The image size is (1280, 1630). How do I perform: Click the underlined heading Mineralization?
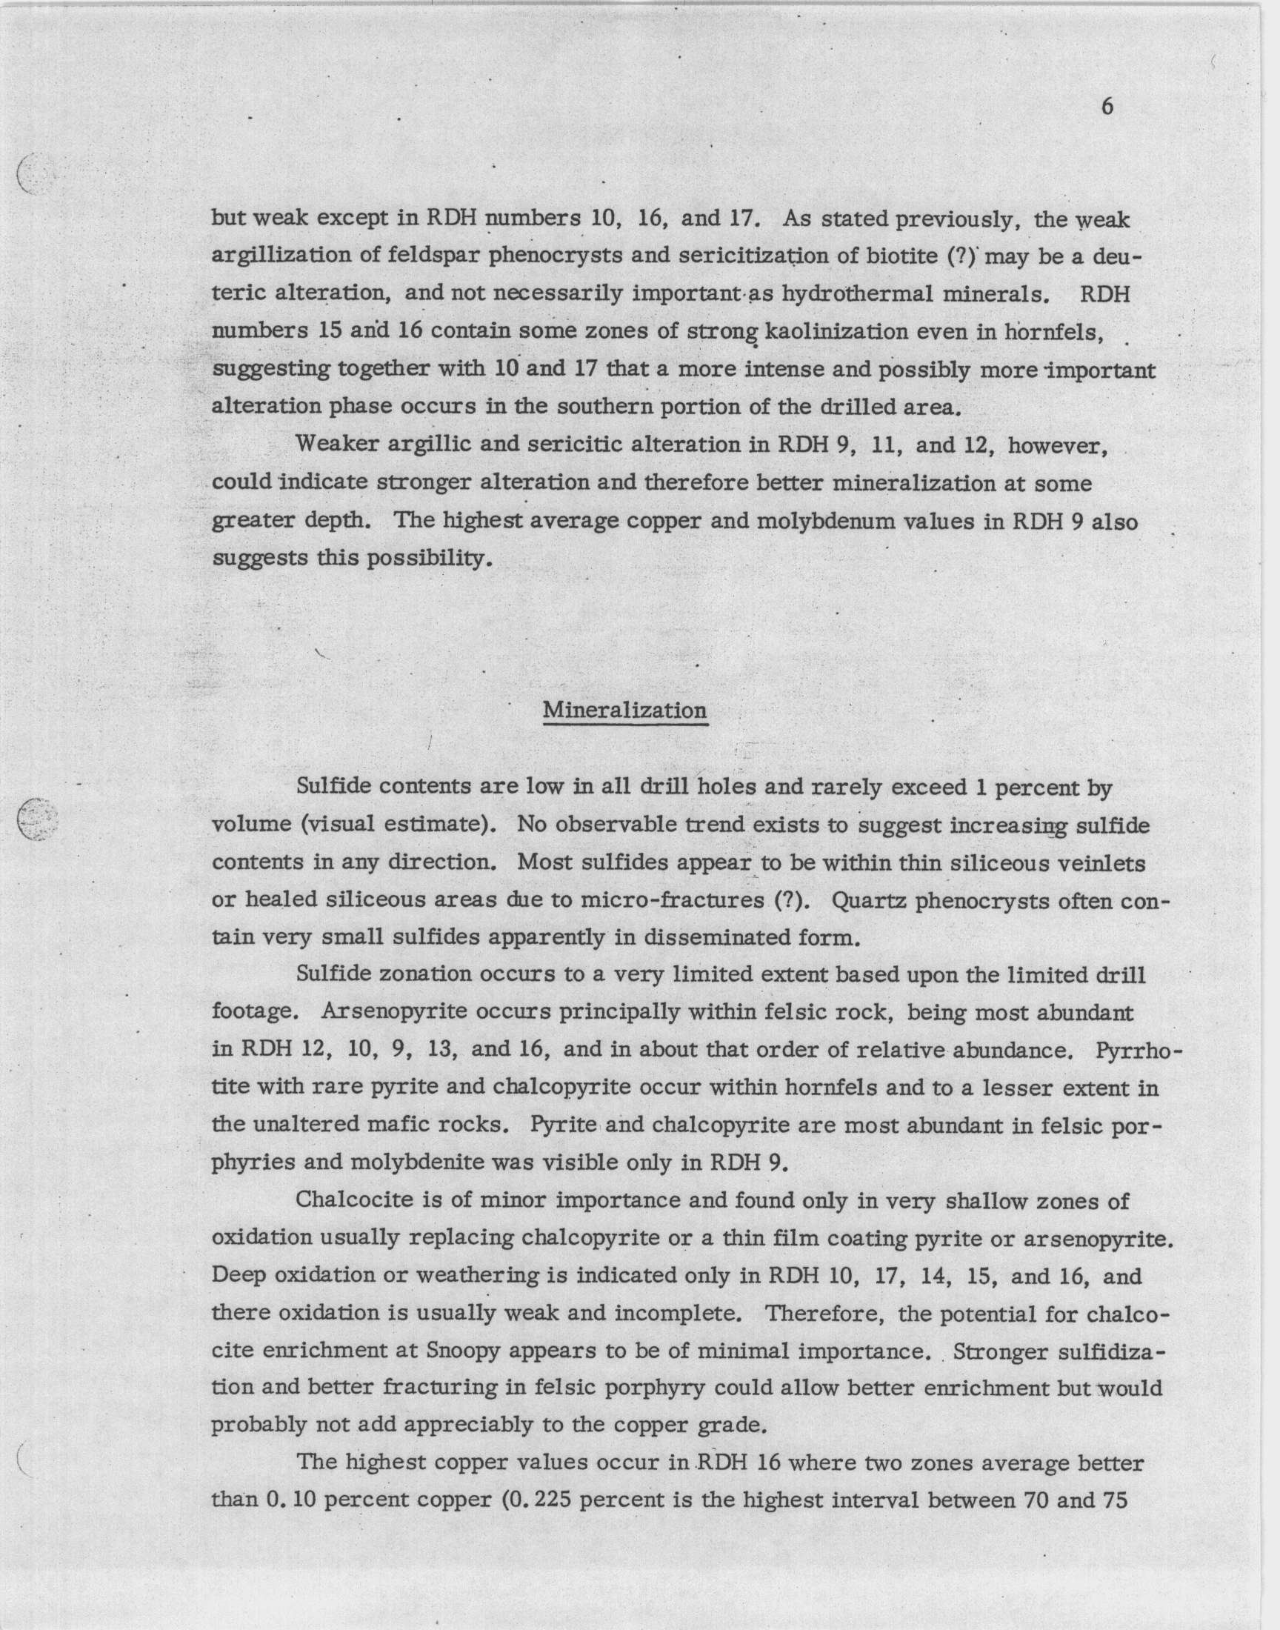(624, 710)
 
